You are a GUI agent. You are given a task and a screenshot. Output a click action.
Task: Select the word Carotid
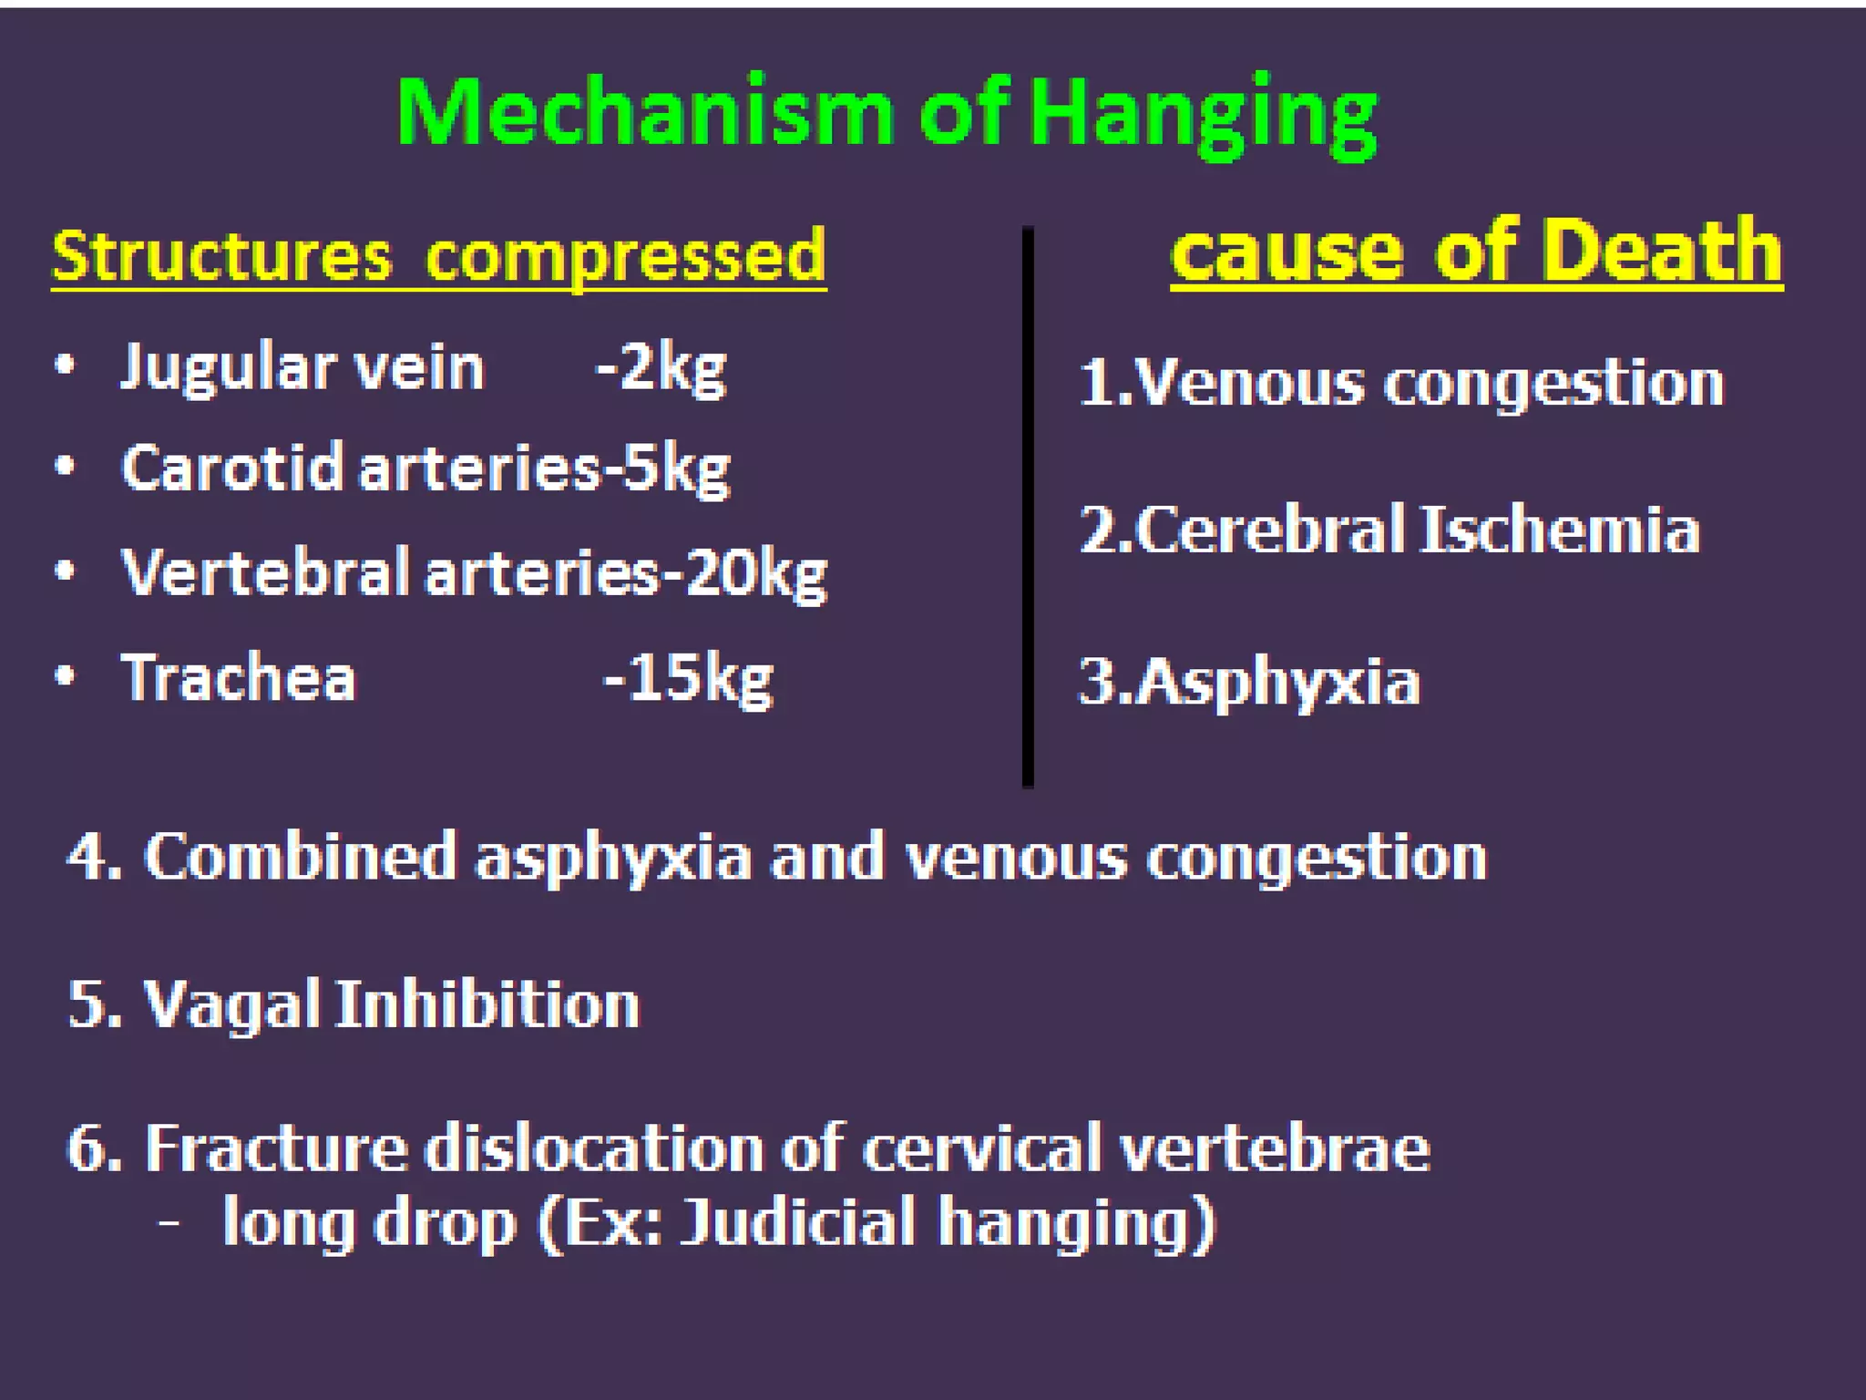(232, 468)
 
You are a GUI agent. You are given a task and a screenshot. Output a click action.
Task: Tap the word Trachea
(238, 678)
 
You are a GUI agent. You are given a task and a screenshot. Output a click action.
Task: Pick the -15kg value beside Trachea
(688, 678)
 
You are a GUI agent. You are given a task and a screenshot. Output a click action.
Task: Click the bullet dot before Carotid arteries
(64, 467)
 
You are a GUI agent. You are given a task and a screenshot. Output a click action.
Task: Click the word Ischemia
(1559, 530)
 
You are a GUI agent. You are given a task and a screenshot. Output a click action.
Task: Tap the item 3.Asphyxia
(1249, 682)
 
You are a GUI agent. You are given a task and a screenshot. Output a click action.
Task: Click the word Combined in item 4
(300, 857)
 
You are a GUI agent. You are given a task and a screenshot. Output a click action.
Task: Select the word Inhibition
(488, 1004)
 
